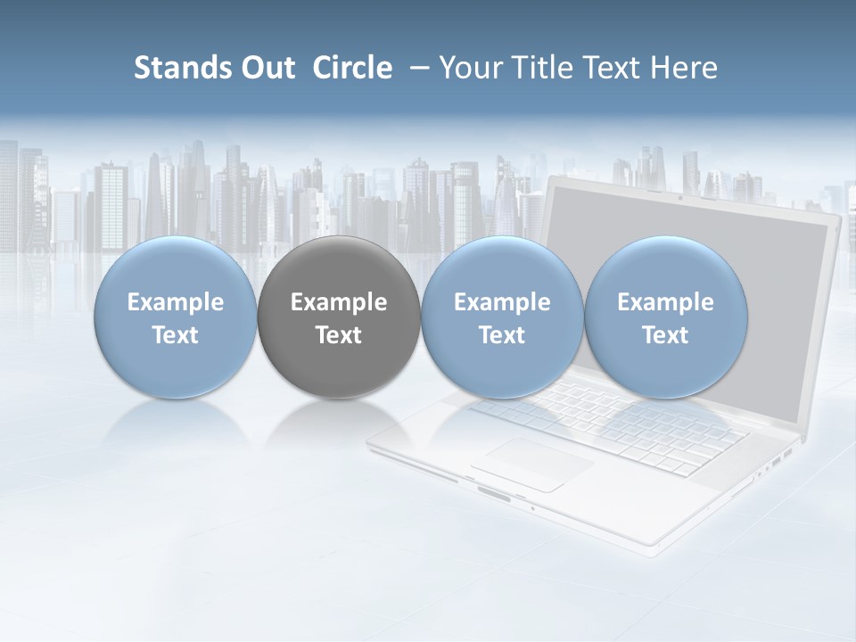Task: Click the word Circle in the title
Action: [x=352, y=68]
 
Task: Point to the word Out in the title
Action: [x=267, y=68]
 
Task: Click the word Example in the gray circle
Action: [x=339, y=302]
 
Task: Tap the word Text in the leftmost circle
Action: [x=176, y=335]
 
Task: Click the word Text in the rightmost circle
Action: [x=666, y=335]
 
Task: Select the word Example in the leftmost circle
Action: [x=176, y=302]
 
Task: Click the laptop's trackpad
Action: [x=532, y=464]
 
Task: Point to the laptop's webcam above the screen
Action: [x=679, y=197]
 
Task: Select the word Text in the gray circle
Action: [x=339, y=335]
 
